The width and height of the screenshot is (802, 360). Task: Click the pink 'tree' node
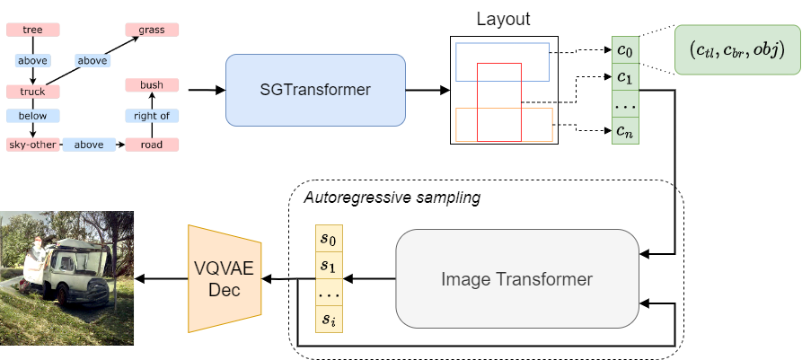pyautogui.click(x=32, y=30)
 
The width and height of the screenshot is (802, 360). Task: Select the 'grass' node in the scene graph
pyautogui.click(x=152, y=30)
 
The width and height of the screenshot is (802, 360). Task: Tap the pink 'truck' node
pyautogui.click(x=32, y=92)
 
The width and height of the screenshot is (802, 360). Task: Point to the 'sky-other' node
pyautogui.click(x=32, y=144)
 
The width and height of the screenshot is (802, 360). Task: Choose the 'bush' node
pyautogui.click(x=152, y=85)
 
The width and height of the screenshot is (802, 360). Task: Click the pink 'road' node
pyautogui.click(x=152, y=144)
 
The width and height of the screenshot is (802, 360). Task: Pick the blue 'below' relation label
pyautogui.click(x=32, y=116)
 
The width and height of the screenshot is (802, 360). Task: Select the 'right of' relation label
pyautogui.click(x=152, y=116)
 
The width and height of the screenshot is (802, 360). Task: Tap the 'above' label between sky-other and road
pyautogui.click(x=88, y=144)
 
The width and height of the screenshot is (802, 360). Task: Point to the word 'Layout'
pyautogui.click(x=503, y=17)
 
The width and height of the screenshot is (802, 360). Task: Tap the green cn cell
pyautogui.click(x=625, y=130)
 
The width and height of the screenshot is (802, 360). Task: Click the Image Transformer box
pyautogui.click(x=516, y=278)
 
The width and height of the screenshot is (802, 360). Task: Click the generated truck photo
pyautogui.click(x=66, y=278)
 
